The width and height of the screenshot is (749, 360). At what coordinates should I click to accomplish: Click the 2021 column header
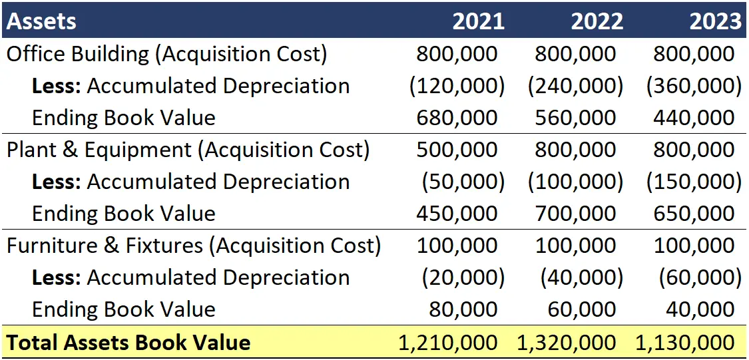click(x=478, y=21)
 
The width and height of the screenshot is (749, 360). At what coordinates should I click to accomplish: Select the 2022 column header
click(x=597, y=21)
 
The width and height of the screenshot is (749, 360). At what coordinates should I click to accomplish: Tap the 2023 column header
click(x=715, y=21)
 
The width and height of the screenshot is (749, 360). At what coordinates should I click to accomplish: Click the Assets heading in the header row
click(x=41, y=21)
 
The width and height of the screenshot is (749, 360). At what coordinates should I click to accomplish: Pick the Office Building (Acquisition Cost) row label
click(x=166, y=54)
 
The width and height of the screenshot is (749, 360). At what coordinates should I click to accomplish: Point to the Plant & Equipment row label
click(x=188, y=150)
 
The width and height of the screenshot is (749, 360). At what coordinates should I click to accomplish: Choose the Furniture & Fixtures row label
click(x=194, y=246)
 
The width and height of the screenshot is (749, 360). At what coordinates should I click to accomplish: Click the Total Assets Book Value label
click(x=128, y=343)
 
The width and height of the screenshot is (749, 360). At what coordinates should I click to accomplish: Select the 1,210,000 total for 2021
click(x=447, y=343)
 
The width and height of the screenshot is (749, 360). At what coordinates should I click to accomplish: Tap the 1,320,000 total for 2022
click(x=567, y=343)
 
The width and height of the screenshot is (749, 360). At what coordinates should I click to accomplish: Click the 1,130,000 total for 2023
click(x=685, y=343)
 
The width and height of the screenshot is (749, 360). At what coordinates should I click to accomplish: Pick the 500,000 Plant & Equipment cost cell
click(x=457, y=150)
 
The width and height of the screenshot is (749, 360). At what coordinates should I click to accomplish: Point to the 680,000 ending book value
click(x=457, y=118)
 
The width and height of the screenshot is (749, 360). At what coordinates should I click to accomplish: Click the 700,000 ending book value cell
click(x=575, y=214)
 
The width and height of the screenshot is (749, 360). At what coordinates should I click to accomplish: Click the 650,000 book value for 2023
click(x=694, y=214)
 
